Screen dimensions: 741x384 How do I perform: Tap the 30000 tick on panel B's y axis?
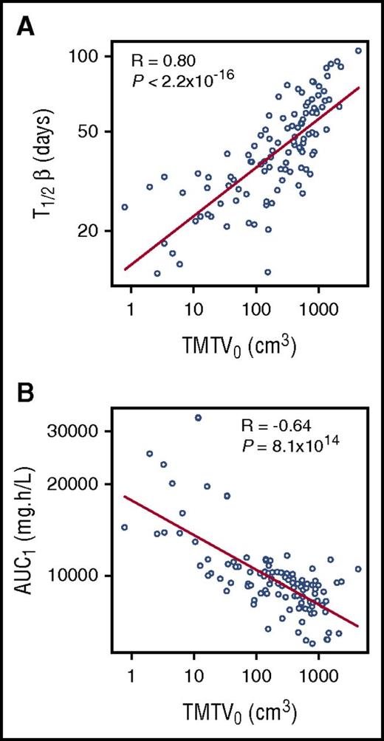tap(80, 430)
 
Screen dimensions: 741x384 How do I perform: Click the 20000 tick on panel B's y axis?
tap(80, 483)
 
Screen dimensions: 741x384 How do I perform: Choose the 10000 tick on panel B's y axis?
tap(80, 575)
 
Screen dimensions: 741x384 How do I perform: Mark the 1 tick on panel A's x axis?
tap(131, 305)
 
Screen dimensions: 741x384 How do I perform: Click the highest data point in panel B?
tap(197, 418)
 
